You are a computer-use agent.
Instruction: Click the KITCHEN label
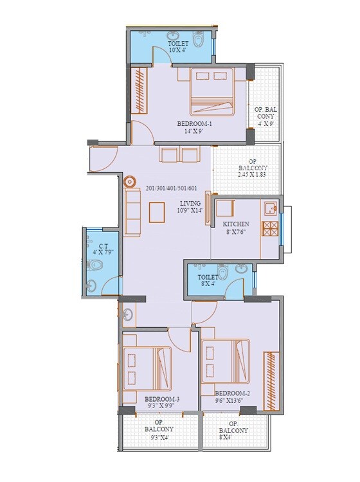[235, 224]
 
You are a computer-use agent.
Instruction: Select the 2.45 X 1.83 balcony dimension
[252, 174]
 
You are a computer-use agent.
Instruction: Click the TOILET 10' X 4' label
[177, 46]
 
